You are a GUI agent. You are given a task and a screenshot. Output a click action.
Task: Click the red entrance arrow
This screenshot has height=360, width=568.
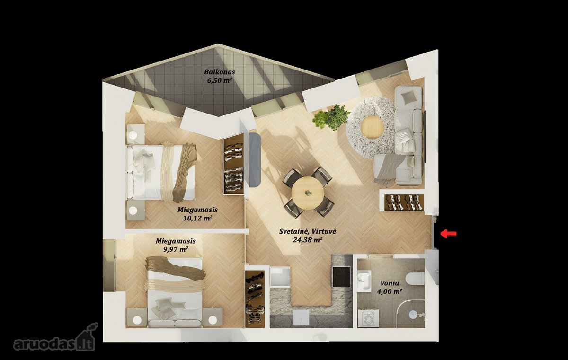point(448,234)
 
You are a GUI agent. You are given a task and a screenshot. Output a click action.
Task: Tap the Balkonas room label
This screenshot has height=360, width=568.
point(220,72)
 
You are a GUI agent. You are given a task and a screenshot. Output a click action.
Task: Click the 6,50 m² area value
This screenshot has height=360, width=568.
point(220,81)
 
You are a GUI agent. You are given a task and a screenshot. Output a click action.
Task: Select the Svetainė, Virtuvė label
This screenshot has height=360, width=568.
point(308,231)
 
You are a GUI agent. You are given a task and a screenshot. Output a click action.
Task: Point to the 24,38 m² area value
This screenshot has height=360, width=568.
point(308,240)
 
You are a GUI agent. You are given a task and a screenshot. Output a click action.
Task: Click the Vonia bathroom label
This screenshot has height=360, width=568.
point(390,283)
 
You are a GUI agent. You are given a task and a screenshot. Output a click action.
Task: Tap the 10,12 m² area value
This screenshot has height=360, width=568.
point(198,218)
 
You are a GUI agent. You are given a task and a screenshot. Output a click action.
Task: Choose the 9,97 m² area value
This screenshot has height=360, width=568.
point(176,249)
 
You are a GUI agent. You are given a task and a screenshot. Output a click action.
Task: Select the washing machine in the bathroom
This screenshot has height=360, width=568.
point(368,318)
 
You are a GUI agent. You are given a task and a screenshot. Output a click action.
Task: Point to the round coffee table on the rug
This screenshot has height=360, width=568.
point(372,127)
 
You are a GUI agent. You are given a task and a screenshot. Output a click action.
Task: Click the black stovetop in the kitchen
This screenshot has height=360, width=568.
point(342,277)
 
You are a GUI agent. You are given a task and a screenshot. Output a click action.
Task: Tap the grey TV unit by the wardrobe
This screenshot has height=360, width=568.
point(255,160)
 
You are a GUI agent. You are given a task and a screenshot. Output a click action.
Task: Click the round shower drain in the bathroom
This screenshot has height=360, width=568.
point(412,314)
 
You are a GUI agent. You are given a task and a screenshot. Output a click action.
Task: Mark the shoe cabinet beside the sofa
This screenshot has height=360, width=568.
point(402,202)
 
